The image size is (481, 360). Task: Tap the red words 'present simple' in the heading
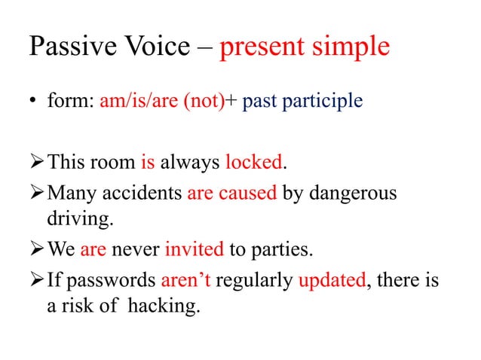tap(305, 47)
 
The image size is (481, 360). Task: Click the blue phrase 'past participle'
tap(303, 101)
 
